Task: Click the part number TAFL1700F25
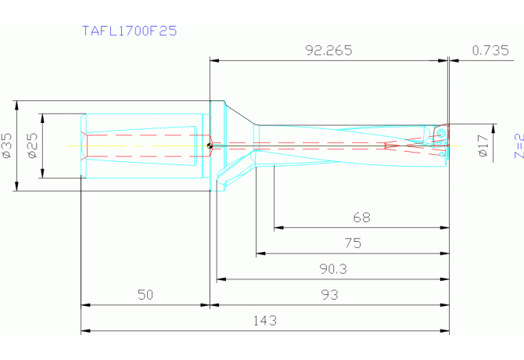[x=129, y=31]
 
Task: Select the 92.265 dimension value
[x=328, y=50]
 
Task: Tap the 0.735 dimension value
[x=490, y=50]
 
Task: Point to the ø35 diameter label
[x=6, y=146]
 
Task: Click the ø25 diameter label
[x=32, y=146]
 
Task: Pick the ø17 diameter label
[x=483, y=146]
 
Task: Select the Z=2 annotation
[x=519, y=146]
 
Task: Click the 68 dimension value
[x=361, y=218]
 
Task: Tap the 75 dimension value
[x=353, y=243]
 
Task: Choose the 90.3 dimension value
[x=333, y=268]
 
